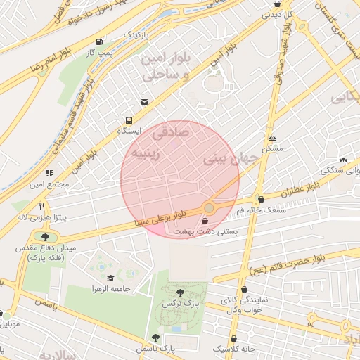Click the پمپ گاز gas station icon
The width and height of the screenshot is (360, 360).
[x=99, y=41]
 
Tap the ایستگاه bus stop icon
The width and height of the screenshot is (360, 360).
[x=129, y=120]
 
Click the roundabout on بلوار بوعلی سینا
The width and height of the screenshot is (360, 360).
[x=209, y=207]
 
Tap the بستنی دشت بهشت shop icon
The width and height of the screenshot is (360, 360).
[x=204, y=221]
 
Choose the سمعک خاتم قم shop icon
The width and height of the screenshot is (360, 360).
[x=260, y=199]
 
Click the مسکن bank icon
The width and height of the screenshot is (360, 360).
[x=272, y=138]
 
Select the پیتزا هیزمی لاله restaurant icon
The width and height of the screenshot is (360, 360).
[x=42, y=207]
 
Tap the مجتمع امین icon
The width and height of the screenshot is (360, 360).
[x=49, y=173]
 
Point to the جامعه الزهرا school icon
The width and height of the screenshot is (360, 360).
[x=110, y=278]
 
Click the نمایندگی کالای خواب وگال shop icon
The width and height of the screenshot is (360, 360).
[x=243, y=289]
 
